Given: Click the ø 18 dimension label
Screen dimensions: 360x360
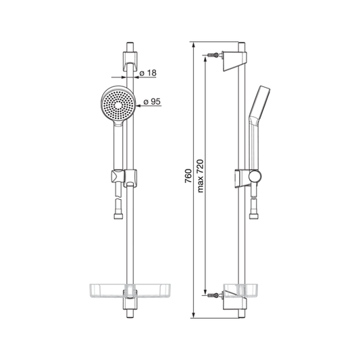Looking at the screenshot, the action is point(148,73).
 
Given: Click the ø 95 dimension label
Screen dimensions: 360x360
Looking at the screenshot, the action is point(152,101).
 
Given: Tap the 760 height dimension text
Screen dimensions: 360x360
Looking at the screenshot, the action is point(188,176).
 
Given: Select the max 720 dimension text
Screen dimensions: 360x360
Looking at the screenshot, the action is point(200,176).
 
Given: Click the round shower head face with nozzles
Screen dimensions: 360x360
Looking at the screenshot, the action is point(118,105).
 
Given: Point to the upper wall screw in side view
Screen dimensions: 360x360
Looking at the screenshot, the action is point(213,55).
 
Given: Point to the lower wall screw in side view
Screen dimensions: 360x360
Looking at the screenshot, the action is point(213,295).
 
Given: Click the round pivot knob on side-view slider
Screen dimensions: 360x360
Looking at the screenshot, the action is point(255,176).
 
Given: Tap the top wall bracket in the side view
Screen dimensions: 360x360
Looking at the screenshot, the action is point(235,61).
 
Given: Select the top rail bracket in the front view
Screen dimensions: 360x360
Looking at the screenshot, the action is point(130,60).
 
